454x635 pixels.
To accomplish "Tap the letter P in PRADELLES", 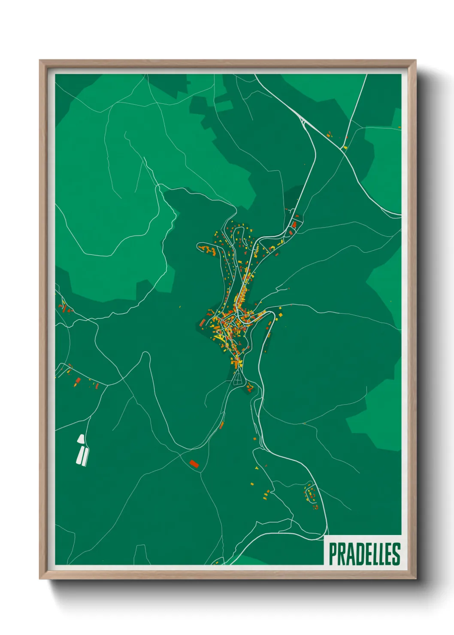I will [333, 554].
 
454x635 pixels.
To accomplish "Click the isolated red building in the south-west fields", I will [194, 464].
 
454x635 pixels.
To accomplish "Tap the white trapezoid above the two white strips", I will [81, 439].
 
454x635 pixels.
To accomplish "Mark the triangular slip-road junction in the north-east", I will [304, 123].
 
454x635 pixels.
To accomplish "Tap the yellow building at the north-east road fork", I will [345, 147].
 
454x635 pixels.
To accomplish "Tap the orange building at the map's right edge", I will [399, 127].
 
